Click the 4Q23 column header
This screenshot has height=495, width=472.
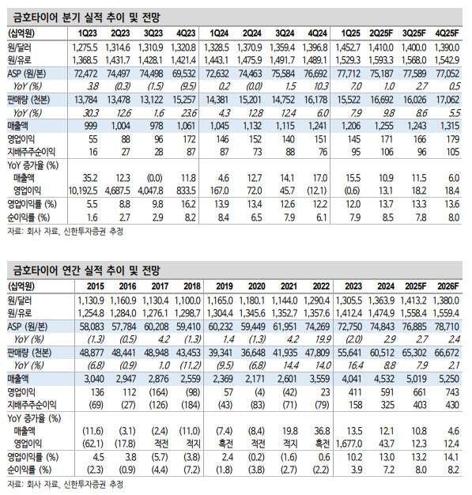click(186, 33)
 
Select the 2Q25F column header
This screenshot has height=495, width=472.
click(381, 33)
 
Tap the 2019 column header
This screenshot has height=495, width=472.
click(225, 286)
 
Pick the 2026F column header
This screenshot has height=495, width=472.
click(447, 286)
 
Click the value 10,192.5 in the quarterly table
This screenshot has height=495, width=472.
click(83, 191)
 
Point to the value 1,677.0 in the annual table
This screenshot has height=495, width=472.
click(349, 444)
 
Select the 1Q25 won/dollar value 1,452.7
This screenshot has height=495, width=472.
click(348, 47)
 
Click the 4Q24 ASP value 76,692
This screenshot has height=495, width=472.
click(315, 74)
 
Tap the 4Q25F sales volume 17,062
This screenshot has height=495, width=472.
click(447, 100)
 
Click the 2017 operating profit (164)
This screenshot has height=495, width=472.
click(158, 392)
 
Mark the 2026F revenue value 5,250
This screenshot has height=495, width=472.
click(448, 379)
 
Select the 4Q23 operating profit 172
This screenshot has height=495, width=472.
click(190, 139)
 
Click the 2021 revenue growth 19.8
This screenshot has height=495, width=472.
click(290, 431)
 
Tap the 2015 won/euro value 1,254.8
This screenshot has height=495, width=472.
click(91, 313)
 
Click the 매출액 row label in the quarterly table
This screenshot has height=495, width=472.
click(17, 126)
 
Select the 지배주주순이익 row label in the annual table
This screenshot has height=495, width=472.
click(32, 405)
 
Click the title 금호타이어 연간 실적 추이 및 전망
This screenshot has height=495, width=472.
click(87, 270)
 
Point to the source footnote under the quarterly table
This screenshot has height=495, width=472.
click(66, 232)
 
